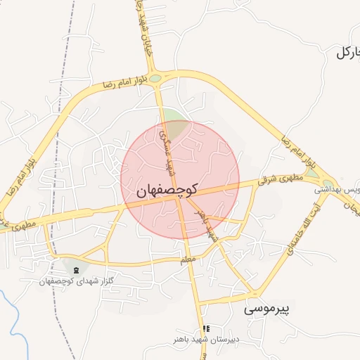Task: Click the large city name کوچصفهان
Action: [167, 190]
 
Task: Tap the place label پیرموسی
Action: [268, 308]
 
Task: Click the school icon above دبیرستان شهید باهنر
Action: [206, 328]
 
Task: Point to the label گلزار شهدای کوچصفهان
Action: [77, 281]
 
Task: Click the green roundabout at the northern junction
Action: [162, 79]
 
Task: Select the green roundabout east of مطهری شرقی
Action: [310, 172]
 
